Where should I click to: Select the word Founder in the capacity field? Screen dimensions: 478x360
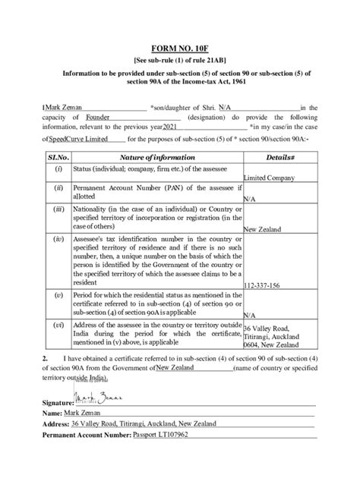click(99, 118)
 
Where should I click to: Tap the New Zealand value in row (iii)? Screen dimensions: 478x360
click(262, 228)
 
